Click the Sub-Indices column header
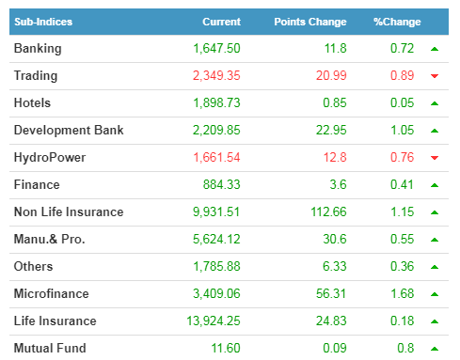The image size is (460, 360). [x=43, y=22]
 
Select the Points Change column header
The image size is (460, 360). [x=310, y=22]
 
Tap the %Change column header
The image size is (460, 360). [x=397, y=22]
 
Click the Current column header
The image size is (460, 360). [x=221, y=22]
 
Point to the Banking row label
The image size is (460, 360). [x=38, y=49]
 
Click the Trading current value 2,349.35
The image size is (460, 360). [x=216, y=75]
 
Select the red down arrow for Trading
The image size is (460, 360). [x=435, y=76]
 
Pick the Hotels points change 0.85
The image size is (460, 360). [x=335, y=102]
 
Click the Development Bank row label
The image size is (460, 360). [x=69, y=131]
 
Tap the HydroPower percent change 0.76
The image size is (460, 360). [x=402, y=157]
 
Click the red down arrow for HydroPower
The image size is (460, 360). [x=435, y=158]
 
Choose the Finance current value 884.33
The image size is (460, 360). [x=221, y=184]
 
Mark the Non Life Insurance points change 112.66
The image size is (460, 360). [x=328, y=211]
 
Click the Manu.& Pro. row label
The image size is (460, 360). [x=50, y=239]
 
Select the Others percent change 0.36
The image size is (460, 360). [x=402, y=266]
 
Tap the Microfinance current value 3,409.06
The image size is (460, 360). [x=216, y=293]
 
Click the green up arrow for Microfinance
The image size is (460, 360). [x=435, y=294]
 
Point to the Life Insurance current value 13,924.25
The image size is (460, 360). [x=214, y=321]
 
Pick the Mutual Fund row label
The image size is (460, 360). [x=50, y=348]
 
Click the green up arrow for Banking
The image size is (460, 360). [x=435, y=49]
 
